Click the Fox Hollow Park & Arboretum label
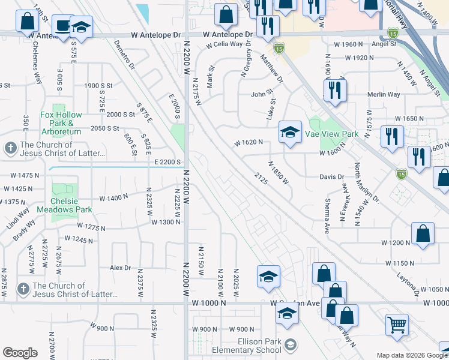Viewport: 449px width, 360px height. [61, 123]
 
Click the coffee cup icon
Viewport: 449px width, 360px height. [61, 25]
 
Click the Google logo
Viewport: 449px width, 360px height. [20, 353]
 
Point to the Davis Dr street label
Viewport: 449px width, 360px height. [331, 177]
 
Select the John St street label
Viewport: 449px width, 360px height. [262, 94]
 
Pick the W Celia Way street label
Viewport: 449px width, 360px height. [224, 44]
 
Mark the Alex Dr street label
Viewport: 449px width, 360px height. [120, 268]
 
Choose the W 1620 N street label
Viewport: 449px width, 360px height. [249, 143]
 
